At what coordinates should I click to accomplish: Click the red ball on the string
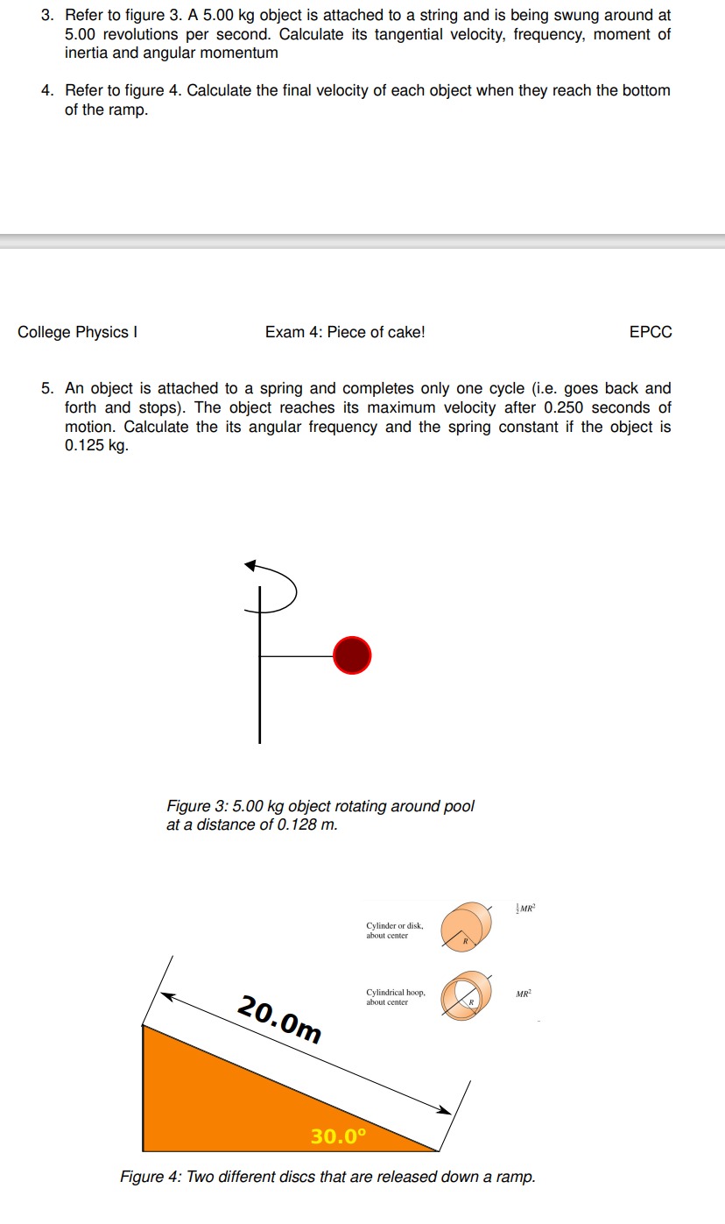pyautogui.click(x=352, y=655)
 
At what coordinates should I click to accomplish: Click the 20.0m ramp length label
pyautogui.click(x=279, y=1019)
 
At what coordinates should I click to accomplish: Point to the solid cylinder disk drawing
pyautogui.click(x=467, y=929)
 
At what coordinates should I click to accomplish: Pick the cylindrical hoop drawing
pyautogui.click(x=467, y=996)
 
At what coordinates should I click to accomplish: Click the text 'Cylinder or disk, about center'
pyautogui.click(x=394, y=930)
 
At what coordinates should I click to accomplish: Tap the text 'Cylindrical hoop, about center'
pyautogui.click(x=396, y=997)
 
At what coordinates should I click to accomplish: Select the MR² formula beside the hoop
pyautogui.click(x=524, y=994)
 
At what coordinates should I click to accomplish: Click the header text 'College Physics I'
pyautogui.click(x=78, y=332)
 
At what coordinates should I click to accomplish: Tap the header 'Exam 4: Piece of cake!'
pyautogui.click(x=344, y=332)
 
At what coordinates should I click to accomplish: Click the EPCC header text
pyautogui.click(x=651, y=332)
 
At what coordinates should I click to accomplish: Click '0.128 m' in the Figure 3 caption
pyautogui.click(x=306, y=824)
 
